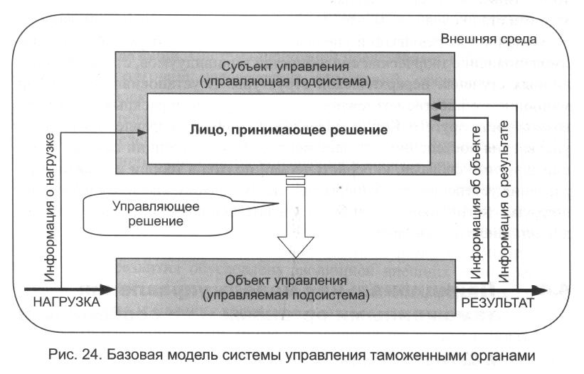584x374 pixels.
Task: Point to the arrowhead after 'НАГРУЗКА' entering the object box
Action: point(110,289)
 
